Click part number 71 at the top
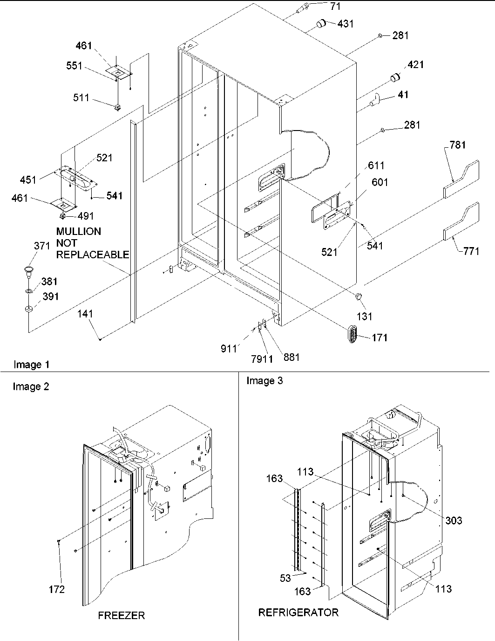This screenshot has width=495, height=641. [335, 7]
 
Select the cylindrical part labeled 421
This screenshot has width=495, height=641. [395, 77]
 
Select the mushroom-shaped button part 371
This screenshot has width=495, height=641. [29, 269]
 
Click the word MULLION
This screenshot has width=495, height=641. [78, 231]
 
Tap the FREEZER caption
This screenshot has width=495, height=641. [121, 615]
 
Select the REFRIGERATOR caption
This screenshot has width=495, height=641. [298, 612]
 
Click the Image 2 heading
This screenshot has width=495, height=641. [31, 386]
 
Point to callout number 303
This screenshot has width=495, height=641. [453, 520]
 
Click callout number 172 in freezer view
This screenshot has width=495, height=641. [56, 589]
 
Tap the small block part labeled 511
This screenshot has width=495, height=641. [117, 107]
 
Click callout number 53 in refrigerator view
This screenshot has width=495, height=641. [285, 578]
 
